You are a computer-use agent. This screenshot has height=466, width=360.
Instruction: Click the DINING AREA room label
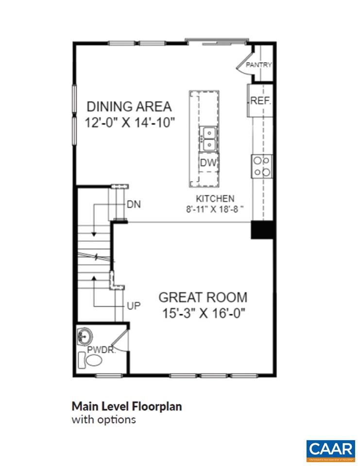[x=129, y=106]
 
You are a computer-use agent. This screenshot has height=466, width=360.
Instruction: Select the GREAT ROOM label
[x=203, y=297]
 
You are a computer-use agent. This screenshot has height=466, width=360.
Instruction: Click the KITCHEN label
[x=215, y=199]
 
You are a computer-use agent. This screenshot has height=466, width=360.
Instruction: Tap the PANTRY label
[x=258, y=65]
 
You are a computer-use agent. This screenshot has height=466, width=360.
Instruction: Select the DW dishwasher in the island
[x=208, y=163]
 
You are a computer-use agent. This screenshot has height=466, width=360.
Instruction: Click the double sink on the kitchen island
[x=209, y=138]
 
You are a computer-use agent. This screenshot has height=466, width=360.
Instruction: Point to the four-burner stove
[x=261, y=166]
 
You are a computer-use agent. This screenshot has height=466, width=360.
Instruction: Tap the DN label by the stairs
[x=134, y=204]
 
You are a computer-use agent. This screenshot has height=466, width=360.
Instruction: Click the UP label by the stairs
[x=134, y=306]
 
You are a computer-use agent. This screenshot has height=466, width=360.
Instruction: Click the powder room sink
[x=86, y=336]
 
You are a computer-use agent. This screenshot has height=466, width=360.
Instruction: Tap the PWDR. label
[x=101, y=349]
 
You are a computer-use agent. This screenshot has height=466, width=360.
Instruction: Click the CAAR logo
[x=330, y=450]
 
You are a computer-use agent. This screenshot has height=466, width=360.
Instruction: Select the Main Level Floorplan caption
[x=126, y=406]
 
